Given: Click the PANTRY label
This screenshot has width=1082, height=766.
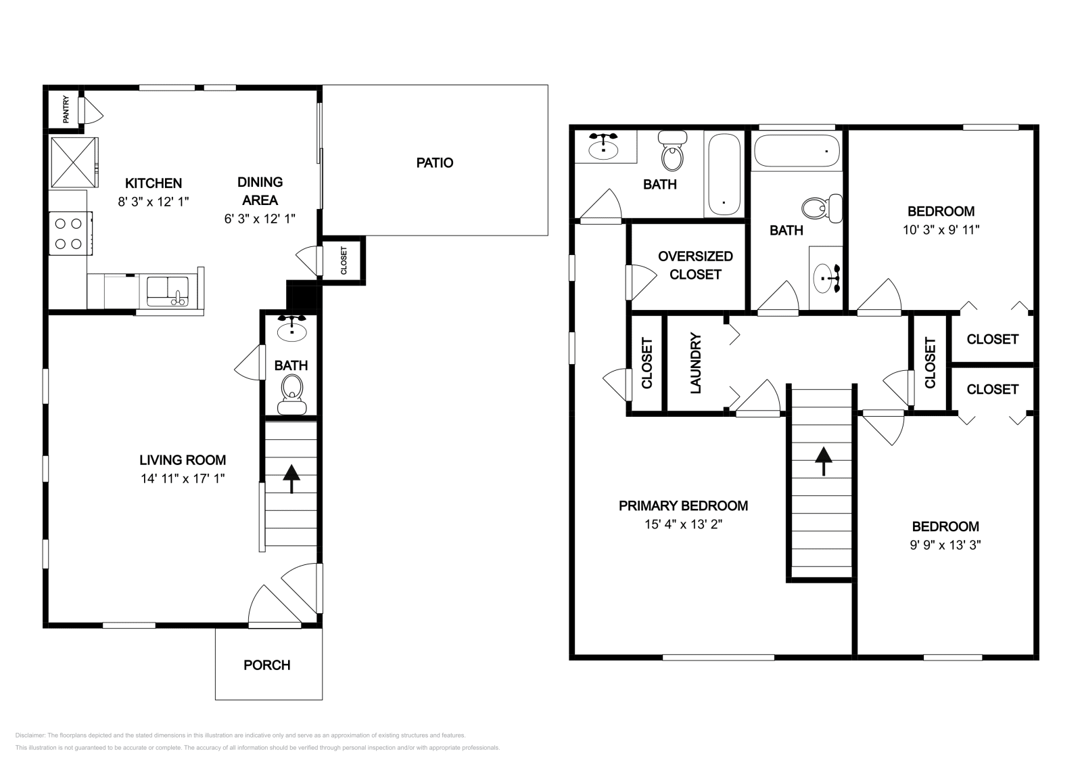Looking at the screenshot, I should [x=66, y=110].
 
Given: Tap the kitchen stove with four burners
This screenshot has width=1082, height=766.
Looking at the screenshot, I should [x=70, y=233].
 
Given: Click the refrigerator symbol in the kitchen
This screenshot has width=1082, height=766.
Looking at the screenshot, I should [x=74, y=162].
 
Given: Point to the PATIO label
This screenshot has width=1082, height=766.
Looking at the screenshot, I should [x=434, y=162].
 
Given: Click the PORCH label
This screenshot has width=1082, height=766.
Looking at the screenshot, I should [x=267, y=665].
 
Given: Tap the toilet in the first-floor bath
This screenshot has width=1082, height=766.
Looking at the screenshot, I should [x=292, y=391].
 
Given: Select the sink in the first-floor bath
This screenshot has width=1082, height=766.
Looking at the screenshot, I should [x=292, y=330].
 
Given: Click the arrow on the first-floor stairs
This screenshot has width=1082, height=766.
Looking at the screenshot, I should [x=291, y=478].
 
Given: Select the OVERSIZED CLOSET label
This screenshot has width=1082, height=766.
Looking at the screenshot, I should [x=695, y=265].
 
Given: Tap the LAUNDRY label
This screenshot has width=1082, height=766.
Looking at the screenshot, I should [x=696, y=363].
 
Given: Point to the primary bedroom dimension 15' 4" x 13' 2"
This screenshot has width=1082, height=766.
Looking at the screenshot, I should [x=683, y=524].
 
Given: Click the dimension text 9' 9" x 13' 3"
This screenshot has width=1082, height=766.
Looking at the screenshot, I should [x=945, y=545].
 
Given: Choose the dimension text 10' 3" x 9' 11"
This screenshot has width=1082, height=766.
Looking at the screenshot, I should [x=941, y=229].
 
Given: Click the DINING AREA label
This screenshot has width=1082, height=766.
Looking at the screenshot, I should [x=260, y=191].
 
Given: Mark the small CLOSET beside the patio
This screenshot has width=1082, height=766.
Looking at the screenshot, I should [x=344, y=260].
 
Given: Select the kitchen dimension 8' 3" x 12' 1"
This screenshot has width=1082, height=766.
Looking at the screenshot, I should [x=154, y=202].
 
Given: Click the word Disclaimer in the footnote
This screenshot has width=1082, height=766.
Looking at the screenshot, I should [x=29, y=735].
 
